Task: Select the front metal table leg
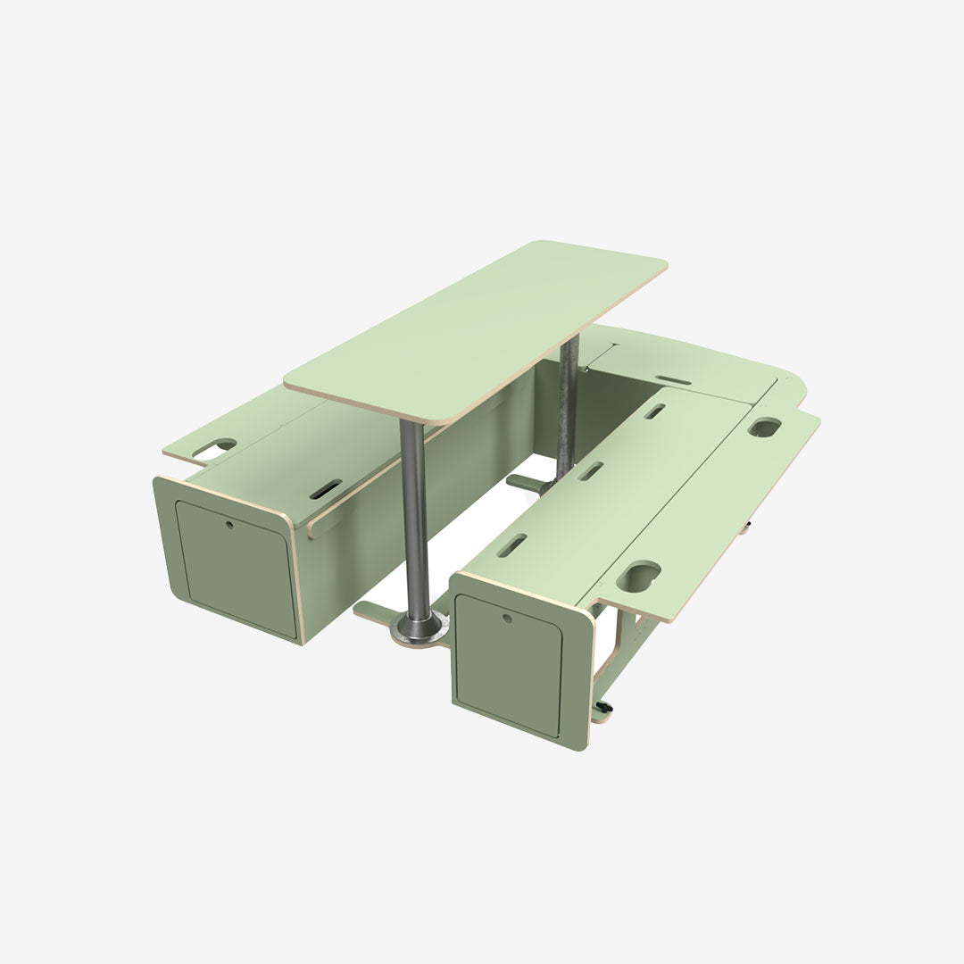tap(411, 518)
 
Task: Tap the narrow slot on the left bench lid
tap(325, 489)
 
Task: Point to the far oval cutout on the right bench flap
tap(764, 428)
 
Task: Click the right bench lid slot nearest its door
tap(512, 544)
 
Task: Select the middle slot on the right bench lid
tap(590, 470)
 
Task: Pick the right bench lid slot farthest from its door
tap(654, 411)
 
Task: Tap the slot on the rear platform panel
tap(675, 381)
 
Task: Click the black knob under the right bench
tap(606, 711)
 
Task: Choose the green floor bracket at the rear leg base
tap(527, 483)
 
